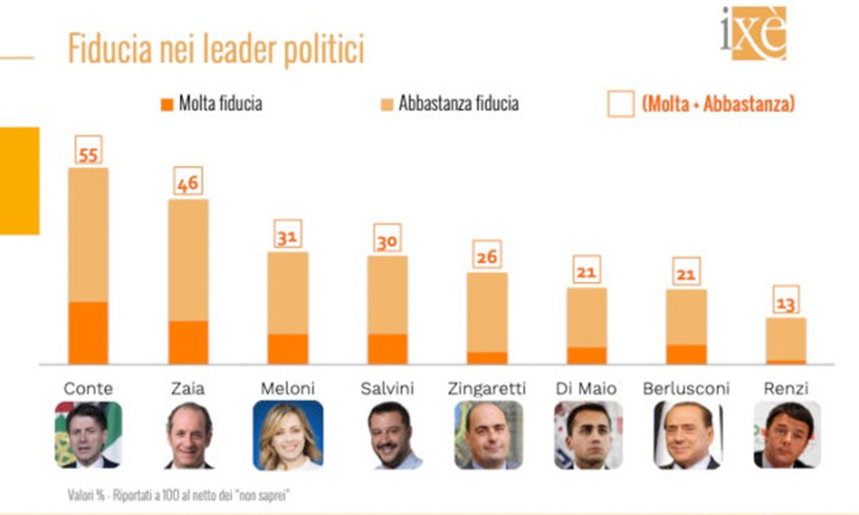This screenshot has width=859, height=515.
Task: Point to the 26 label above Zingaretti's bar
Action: [487, 255]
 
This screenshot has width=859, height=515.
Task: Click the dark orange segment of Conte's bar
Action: [88, 333]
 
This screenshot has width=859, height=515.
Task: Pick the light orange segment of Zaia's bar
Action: [188, 260]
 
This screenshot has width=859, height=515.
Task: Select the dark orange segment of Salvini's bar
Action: [387, 348]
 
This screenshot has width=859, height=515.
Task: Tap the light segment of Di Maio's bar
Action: [586, 317]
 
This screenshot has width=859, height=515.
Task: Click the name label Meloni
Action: [287, 388]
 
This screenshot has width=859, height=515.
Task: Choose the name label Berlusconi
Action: [686, 388]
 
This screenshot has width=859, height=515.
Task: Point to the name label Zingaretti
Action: [487, 388]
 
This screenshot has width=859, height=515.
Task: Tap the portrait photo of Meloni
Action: [288, 435]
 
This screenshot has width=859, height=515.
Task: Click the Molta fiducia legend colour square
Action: [167, 104]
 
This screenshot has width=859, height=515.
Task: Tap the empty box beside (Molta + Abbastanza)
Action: [620, 104]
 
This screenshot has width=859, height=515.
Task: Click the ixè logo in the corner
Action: [753, 33]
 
